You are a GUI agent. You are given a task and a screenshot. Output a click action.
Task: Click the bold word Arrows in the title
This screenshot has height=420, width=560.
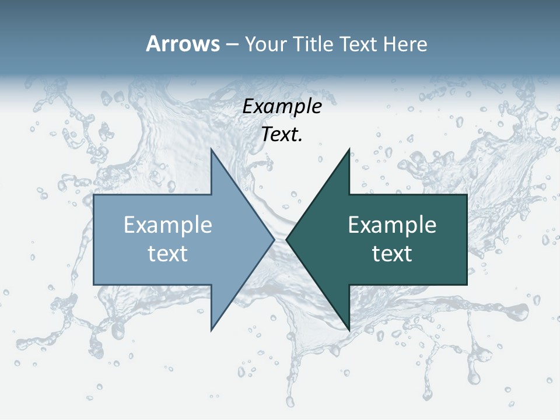coord(183,44)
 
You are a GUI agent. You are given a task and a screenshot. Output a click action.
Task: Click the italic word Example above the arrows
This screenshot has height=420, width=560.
coord(282,107)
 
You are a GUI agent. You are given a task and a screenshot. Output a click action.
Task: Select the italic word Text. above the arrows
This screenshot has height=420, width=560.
coord(282,135)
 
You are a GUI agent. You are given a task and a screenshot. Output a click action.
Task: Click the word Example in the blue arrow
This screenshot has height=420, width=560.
coord(168,225)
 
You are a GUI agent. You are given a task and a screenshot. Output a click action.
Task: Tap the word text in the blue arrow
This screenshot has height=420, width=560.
coord(168,254)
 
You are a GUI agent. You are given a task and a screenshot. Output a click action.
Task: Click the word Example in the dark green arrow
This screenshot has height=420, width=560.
coord(392,225)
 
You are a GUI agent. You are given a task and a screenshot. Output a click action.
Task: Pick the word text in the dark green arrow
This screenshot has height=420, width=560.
coord(392,254)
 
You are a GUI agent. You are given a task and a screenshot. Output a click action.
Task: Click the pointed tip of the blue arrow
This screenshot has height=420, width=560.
coord(274,239)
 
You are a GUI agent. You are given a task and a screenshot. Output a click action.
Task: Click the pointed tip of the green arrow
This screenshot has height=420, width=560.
coord(286,239)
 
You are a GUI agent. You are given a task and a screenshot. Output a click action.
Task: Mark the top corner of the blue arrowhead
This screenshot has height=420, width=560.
coord(211,149)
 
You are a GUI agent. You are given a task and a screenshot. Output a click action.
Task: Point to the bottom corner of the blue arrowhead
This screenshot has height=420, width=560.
coord(211,330)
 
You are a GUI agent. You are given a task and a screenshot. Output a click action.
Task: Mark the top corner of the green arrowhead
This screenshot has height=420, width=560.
coord(349,149)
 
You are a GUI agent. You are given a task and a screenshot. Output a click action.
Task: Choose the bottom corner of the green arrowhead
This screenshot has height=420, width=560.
coord(349,330)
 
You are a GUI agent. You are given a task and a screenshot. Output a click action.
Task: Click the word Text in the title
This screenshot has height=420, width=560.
coord(356,44)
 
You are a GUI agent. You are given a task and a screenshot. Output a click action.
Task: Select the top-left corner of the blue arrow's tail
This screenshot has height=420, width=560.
coord(94,195)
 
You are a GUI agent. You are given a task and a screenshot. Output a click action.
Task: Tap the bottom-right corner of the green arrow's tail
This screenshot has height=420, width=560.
coord(466,284)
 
